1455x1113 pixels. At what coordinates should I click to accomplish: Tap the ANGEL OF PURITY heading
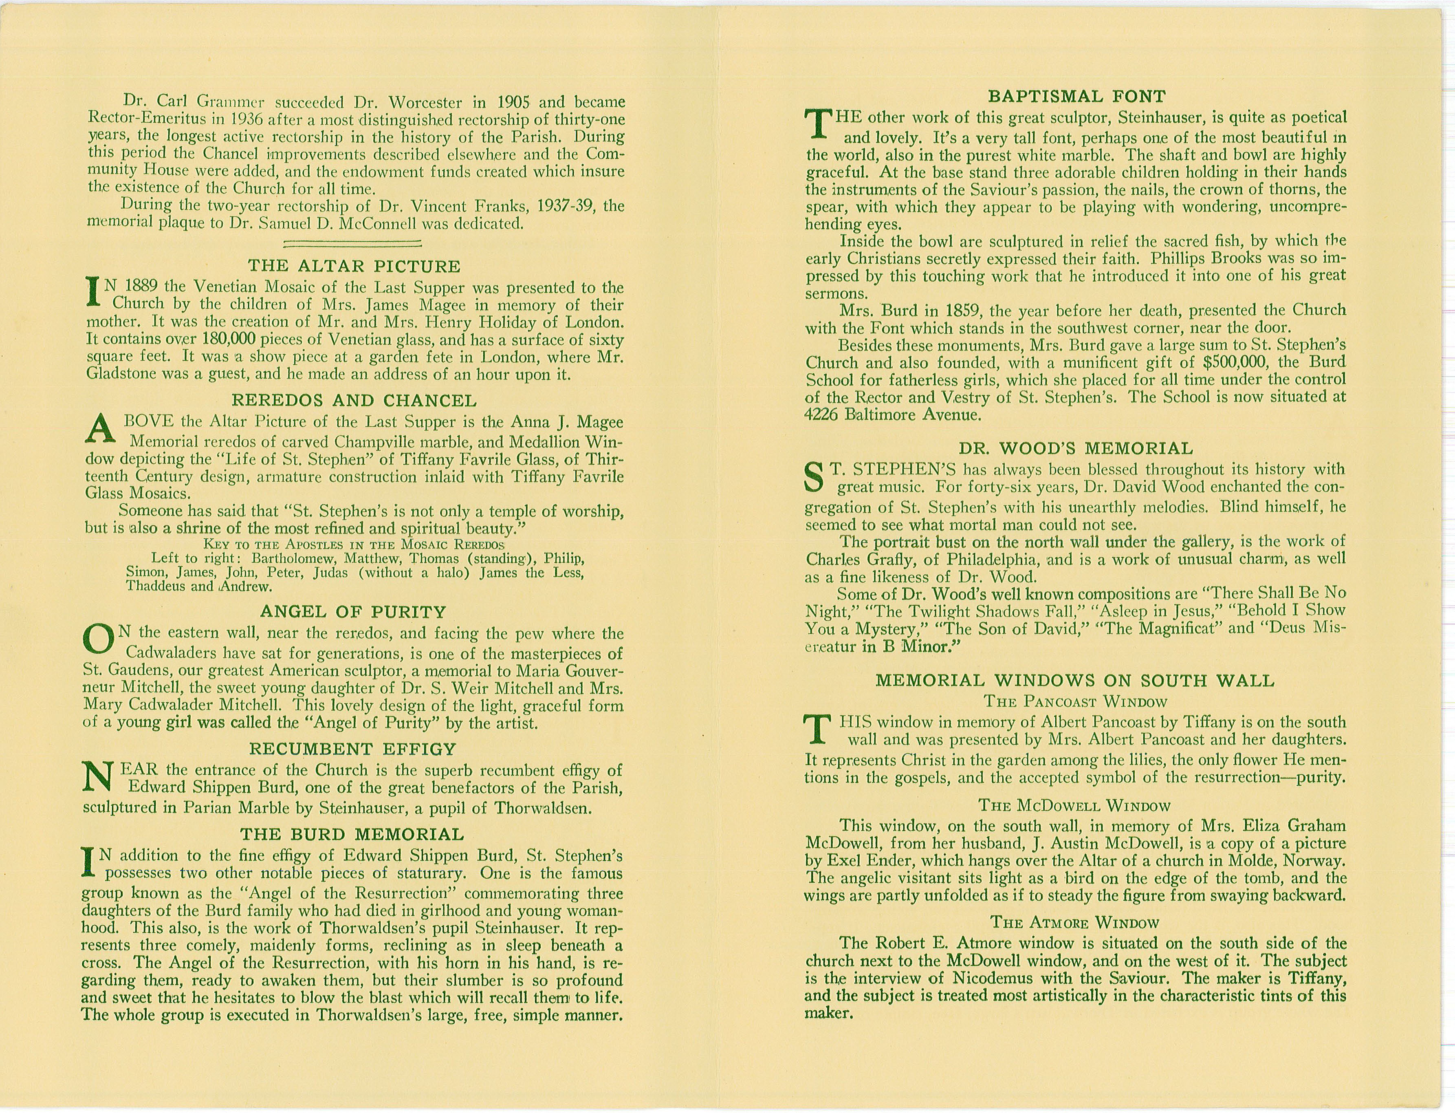pos(353,611)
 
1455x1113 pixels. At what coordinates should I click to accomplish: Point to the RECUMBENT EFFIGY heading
pos(353,749)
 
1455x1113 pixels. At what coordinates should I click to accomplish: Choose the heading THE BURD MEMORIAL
pos(352,834)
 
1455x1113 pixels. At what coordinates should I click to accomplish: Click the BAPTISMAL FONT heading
pos(1076,97)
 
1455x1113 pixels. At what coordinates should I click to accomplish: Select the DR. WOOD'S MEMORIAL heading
pos(1076,449)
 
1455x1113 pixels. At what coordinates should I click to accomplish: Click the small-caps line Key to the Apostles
pos(354,544)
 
